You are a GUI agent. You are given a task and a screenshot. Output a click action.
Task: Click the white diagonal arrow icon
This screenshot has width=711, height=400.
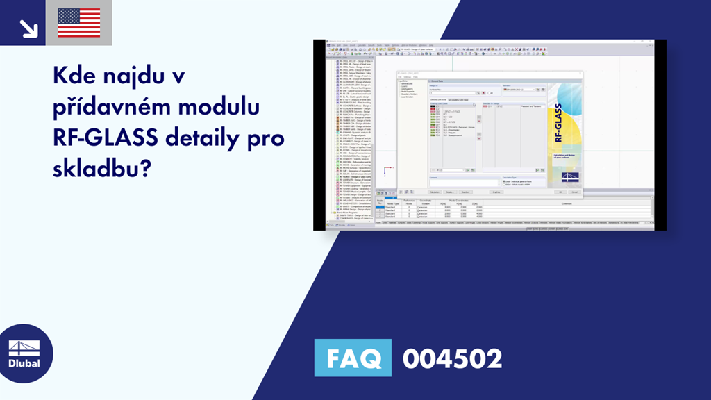pyautogui.click(x=28, y=27)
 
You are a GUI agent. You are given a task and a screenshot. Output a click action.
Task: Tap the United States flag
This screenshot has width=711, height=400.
pyautogui.click(x=78, y=23)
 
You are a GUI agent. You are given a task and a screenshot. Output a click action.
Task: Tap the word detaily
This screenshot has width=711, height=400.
pyautogui.click(x=210, y=139)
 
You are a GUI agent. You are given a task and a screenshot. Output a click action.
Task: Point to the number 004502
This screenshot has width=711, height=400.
pyautogui.click(x=452, y=359)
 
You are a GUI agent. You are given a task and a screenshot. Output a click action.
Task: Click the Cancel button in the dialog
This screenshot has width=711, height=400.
pyautogui.click(x=574, y=192)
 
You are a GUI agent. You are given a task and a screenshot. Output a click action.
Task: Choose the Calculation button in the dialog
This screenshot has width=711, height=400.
pyautogui.click(x=434, y=192)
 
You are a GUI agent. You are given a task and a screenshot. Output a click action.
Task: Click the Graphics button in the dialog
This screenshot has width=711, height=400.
pyautogui.click(x=496, y=192)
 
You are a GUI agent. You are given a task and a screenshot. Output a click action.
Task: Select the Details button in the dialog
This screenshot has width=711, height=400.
pyautogui.click(x=449, y=192)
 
